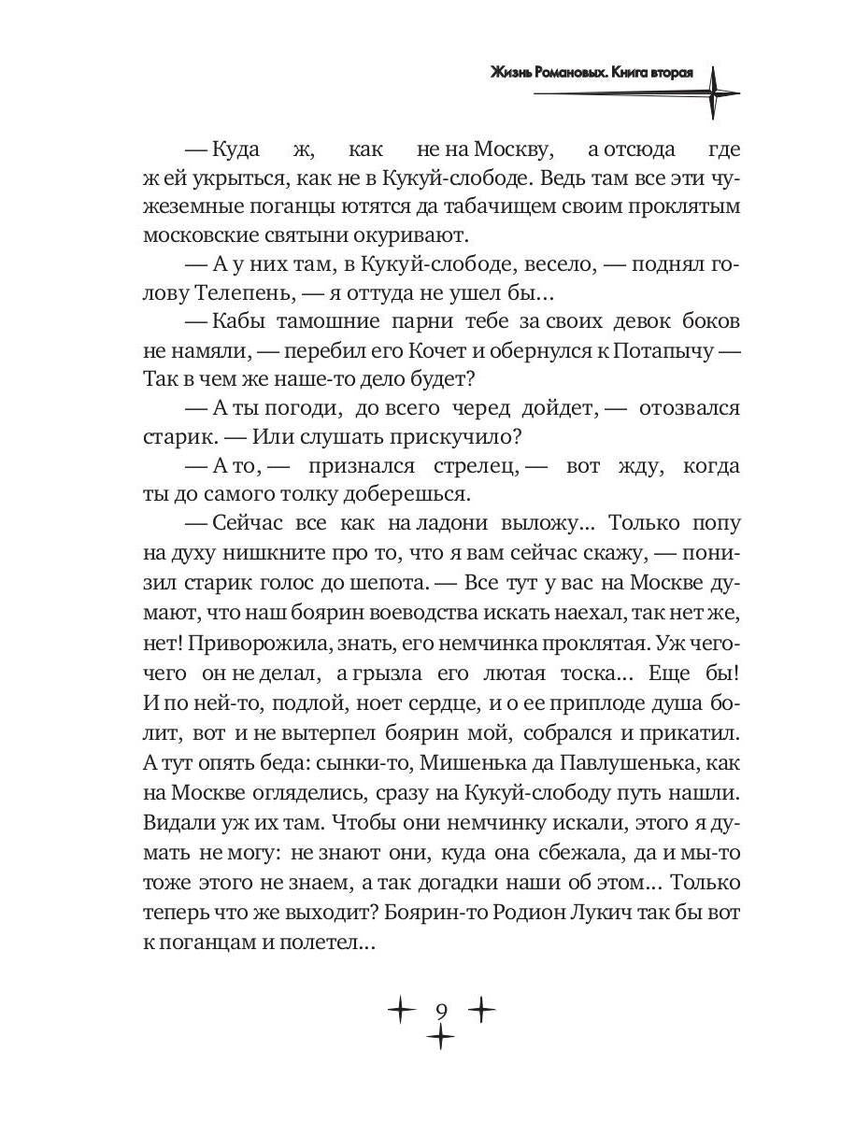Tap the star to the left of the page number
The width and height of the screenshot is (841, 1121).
[x=400, y=1010]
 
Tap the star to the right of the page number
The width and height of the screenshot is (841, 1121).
[x=481, y=1010]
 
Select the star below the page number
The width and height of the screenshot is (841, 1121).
[x=440, y=1037]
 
